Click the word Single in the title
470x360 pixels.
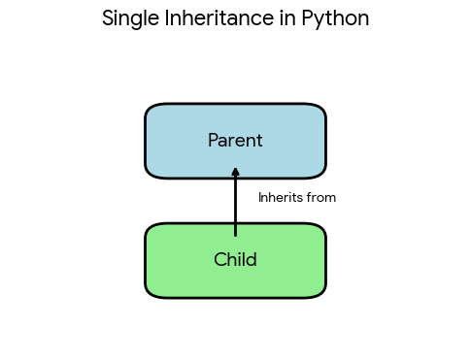pyautogui.click(x=128, y=18)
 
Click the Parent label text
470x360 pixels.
pyautogui.click(x=235, y=141)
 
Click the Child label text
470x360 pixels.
pyautogui.click(x=235, y=260)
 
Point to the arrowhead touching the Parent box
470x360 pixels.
pyautogui.click(x=235, y=173)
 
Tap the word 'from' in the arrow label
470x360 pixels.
pyautogui.click(x=321, y=198)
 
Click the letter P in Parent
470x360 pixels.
pyautogui.click(x=214, y=141)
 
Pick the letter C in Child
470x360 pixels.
pyautogui.click(x=219, y=260)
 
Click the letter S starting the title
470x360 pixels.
pyautogui.click(x=108, y=18)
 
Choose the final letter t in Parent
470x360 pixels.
pyautogui.click(x=259, y=141)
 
